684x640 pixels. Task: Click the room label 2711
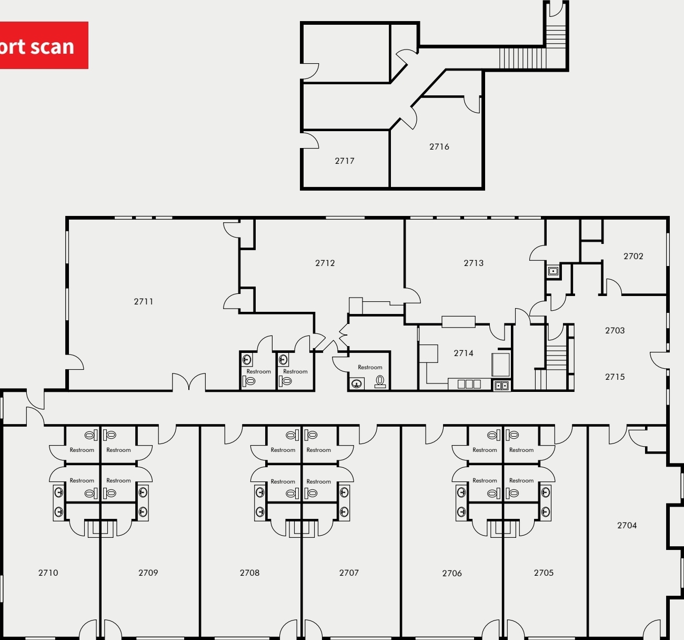coord(143,301)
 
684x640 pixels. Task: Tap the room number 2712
coord(325,263)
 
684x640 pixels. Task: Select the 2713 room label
coord(473,263)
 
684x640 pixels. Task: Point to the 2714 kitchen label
coord(463,353)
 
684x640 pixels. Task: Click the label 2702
coord(633,256)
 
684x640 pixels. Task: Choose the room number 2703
coord(615,330)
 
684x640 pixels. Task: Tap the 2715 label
coord(615,377)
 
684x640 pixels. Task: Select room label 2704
coord(627,525)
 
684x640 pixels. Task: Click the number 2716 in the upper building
coord(439,146)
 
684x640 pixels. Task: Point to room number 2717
coord(344,161)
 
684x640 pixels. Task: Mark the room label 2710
coord(48,573)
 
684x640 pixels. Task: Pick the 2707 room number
coord(348,573)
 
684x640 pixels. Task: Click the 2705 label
coord(544,573)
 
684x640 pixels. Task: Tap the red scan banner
coord(42,45)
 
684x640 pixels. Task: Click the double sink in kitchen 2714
coord(501,385)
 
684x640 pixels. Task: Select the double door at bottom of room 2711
coord(188,382)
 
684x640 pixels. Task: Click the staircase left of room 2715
coord(555,358)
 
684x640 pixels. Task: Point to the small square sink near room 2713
coord(553,271)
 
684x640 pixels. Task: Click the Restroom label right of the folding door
coord(370,367)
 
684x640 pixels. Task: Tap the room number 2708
coord(249,573)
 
